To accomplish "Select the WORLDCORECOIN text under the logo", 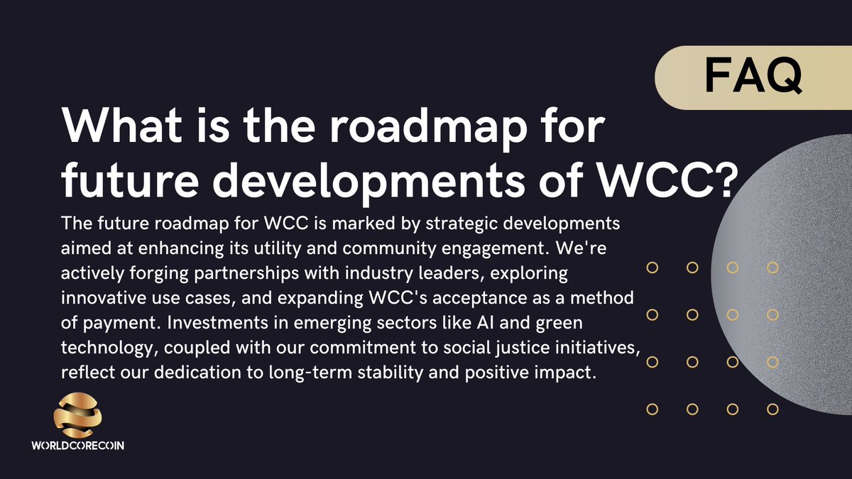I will pos(79,448).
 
